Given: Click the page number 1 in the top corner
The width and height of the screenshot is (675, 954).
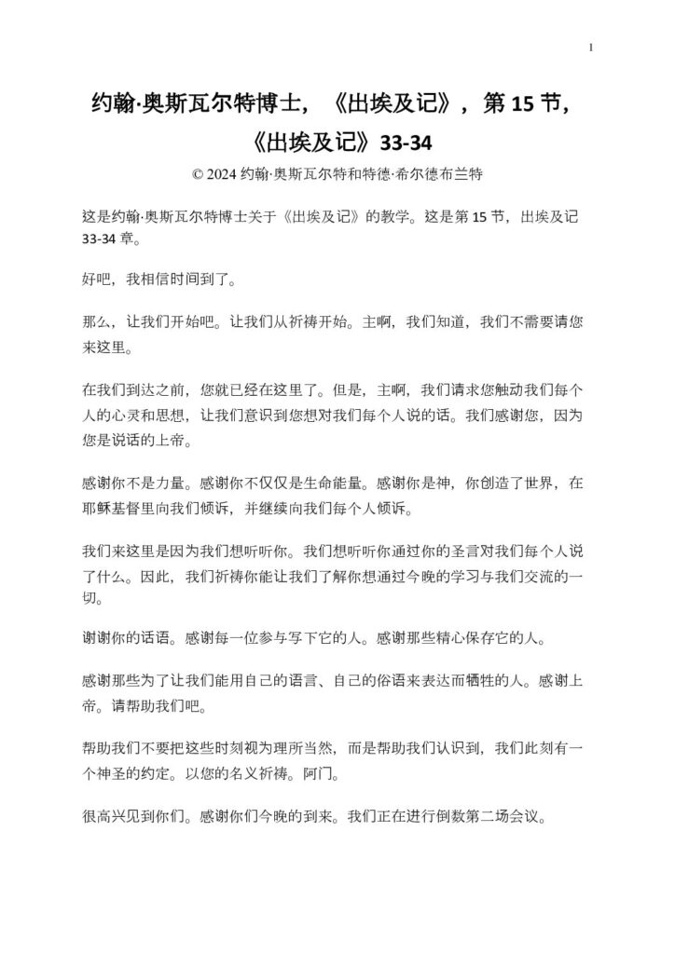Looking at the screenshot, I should (591, 48).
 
